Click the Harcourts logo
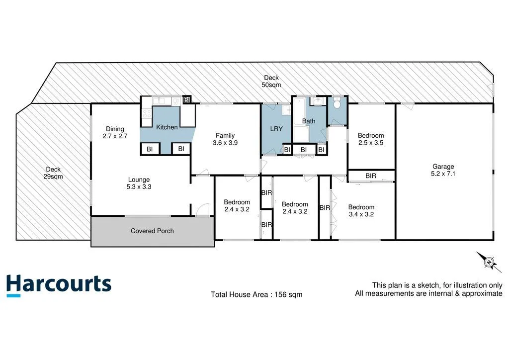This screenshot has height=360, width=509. tap(59, 285)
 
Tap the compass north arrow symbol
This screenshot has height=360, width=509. tap(489, 262)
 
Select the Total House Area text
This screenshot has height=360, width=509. tap(256, 294)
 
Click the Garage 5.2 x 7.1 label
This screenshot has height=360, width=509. tap(443, 171)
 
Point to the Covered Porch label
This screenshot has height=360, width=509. tap(152, 231)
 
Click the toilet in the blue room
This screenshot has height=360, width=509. tap(337, 104)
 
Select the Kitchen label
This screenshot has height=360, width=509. tap(167, 127)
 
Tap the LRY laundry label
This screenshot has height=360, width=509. tap(276, 129)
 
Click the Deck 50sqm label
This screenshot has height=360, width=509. tap(271, 82)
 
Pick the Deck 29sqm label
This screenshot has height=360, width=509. tap(53, 173)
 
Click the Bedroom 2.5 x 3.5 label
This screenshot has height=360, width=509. tap(371, 139)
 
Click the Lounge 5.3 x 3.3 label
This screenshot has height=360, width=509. tap(139, 183)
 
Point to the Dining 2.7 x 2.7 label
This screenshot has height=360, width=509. tap(115, 132)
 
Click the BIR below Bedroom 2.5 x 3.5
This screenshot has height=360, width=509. tap(371, 176)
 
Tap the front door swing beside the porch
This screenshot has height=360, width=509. tap(202, 211)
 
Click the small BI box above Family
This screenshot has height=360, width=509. tap(187, 100)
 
